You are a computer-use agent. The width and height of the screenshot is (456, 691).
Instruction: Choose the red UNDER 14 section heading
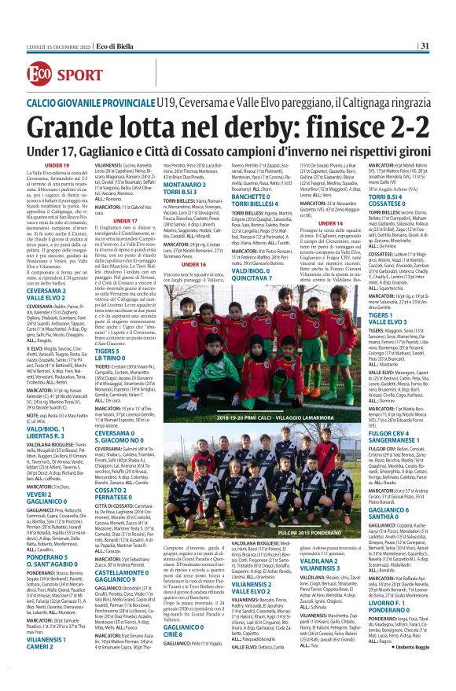(330, 222)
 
